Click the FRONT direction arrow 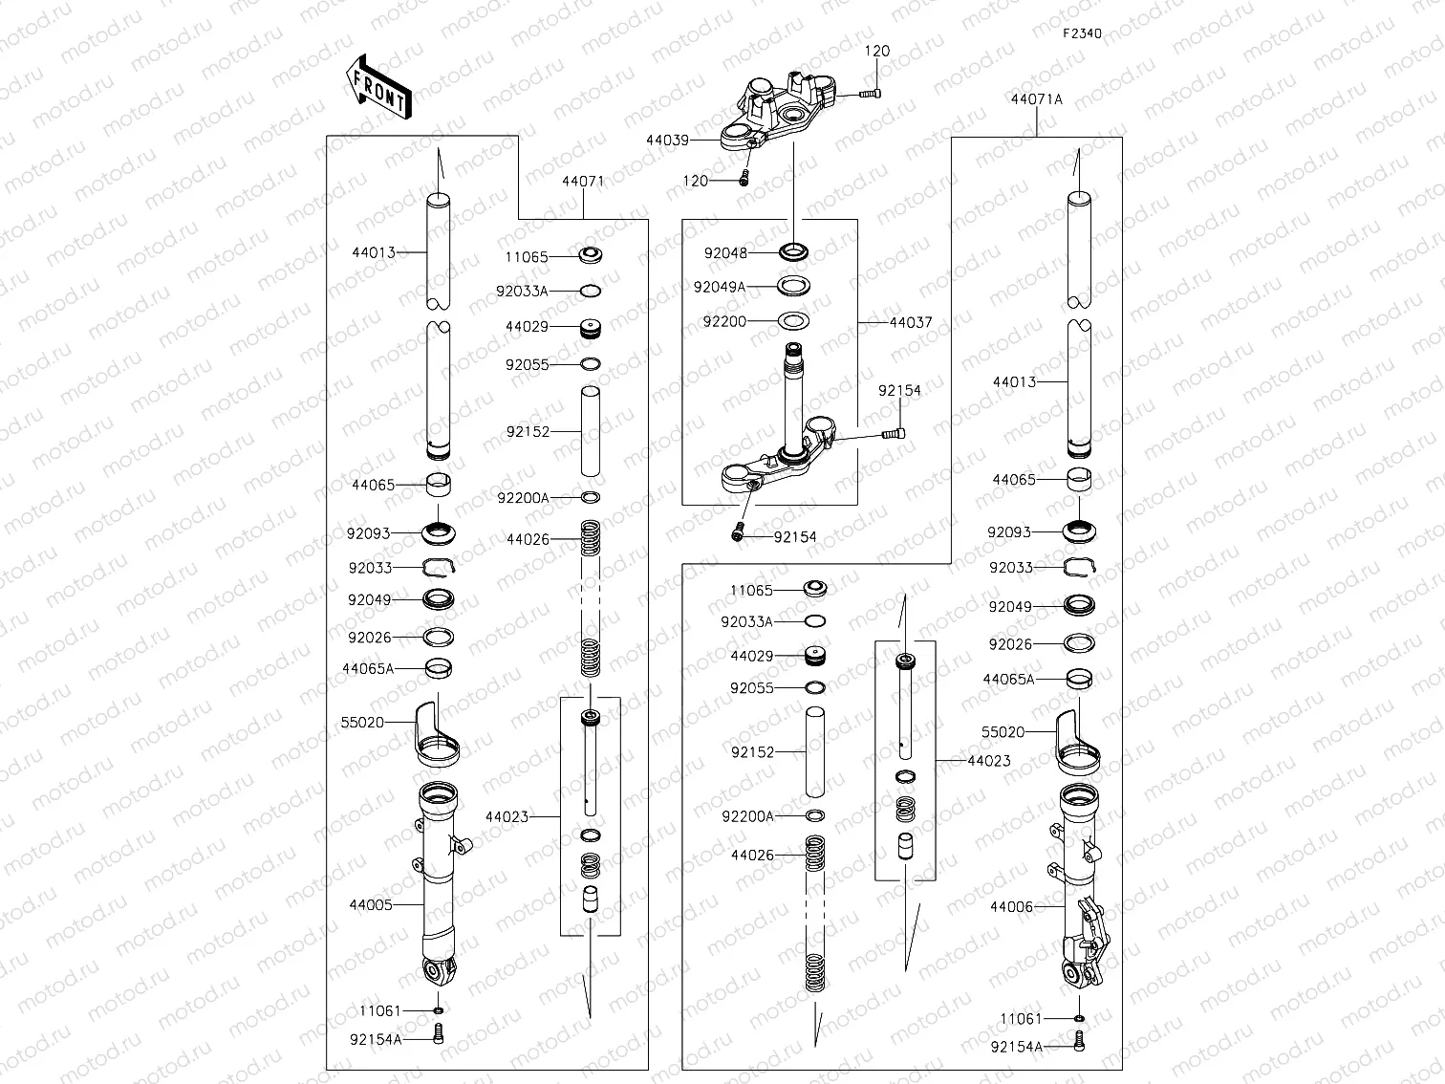378,87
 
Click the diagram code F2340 1082,33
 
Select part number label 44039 667,141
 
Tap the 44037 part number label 910,323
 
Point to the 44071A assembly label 1036,99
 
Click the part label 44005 371,904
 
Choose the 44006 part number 1011,906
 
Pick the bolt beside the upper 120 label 869,93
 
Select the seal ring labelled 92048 793,252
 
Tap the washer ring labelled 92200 793,321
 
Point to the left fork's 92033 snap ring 439,569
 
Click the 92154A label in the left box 376,1039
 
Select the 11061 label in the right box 1021,1019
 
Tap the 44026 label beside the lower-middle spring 752,856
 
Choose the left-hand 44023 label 507,817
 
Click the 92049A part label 720,287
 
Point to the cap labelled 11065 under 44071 593,256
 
